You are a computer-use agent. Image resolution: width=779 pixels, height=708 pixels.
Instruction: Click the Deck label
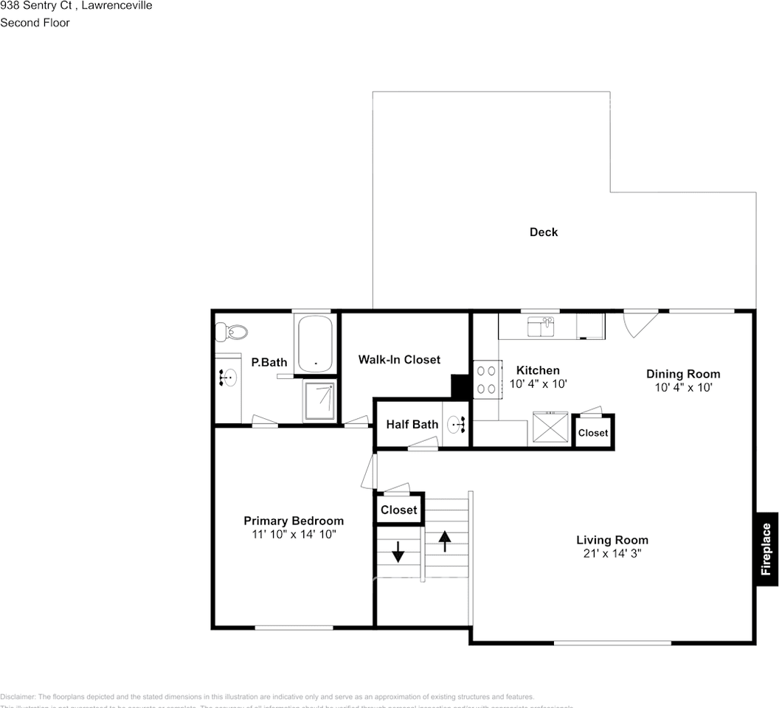(x=544, y=232)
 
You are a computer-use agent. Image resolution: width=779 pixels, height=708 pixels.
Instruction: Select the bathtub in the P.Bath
(x=316, y=344)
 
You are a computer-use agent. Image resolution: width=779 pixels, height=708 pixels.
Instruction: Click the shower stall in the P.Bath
(x=319, y=400)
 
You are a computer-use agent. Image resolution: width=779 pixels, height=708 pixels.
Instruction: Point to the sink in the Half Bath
(x=457, y=424)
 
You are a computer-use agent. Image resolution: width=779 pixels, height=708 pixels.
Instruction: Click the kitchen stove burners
(x=485, y=380)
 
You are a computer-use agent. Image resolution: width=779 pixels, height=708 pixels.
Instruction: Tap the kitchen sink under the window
(x=541, y=325)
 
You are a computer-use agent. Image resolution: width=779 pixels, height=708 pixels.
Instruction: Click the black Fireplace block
(x=766, y=549)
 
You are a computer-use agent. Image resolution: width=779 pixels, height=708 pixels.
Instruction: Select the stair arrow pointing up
(x=445, y=541)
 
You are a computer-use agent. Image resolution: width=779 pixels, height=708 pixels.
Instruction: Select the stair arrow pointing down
(x=398, y=552)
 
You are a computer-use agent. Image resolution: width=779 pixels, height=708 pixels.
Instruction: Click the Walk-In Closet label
(x=399, y=360)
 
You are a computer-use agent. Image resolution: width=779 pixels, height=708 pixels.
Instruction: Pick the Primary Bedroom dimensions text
(x=294, y=535)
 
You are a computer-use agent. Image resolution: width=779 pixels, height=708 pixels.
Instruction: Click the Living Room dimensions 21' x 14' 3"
(x=612, y=554)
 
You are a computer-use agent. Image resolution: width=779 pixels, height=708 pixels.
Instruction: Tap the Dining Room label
(x=683, y=374)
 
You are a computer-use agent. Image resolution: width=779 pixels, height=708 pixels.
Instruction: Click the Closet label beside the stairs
(x=399, y=510)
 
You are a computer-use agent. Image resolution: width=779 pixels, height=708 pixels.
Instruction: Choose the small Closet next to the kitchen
(x=593, y=433)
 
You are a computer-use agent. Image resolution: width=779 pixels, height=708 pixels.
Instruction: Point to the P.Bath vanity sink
(x=227, y=378)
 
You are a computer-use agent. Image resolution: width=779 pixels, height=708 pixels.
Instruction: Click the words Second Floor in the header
(x=35, y=23)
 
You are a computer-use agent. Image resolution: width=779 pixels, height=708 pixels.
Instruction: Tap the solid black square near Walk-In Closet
(x=461, y=386)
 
